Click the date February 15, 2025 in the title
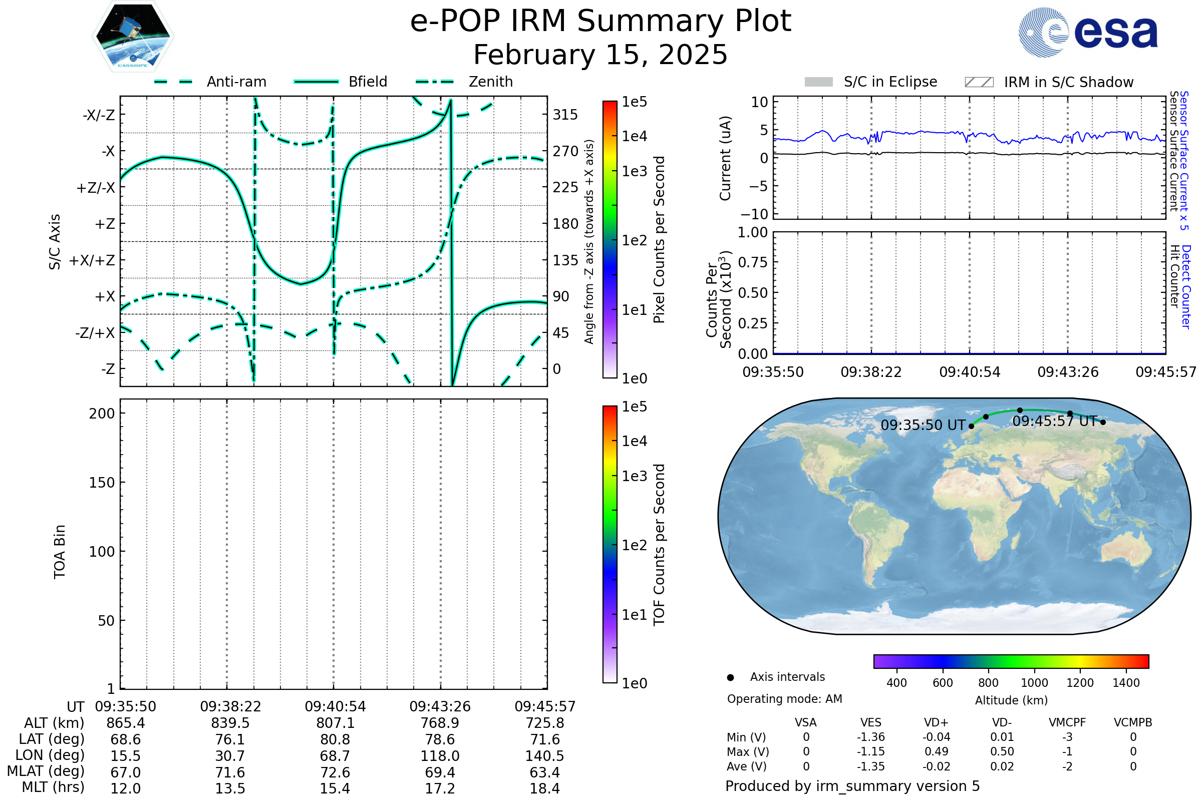(600, 55)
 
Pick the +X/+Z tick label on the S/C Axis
(92, 260)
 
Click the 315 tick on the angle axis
(565, 115)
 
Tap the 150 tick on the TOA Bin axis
(102, 483)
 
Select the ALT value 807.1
(335, 723)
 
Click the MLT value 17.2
(440, 788)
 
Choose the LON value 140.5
(544, 756)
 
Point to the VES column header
(870, 722)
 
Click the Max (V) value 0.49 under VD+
(936, 751)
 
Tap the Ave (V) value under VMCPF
(1067, 766)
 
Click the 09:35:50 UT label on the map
(923, 425)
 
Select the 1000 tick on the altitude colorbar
(1034, 683)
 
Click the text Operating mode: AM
(784, 699)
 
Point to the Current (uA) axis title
(725, 158)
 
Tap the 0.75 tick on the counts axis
(752, 262)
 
